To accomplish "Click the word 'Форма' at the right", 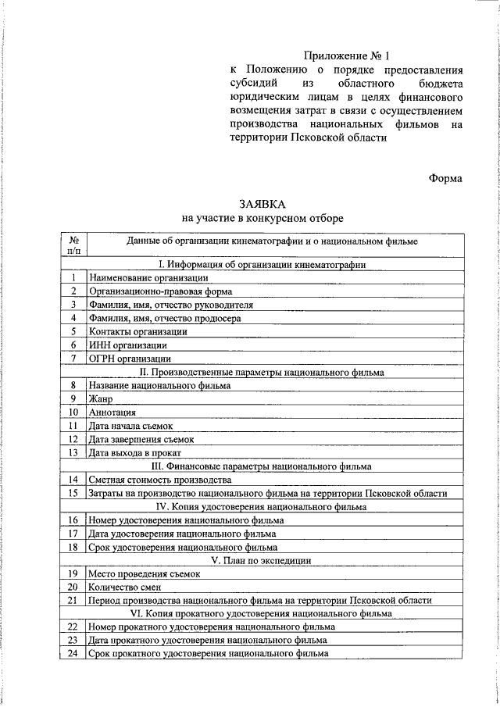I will [445, 178].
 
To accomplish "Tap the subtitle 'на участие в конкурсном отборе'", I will [262, 218].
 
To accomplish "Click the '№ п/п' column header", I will [73, 245].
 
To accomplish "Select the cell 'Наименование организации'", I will [148, 278].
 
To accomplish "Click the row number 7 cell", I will [73, 359].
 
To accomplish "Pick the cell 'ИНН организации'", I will [127, 345].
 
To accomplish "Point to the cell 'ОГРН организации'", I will [130, 359].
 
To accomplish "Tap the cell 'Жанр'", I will [102, 398].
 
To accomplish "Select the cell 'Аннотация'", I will [113, 412].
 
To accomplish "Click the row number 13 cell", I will [73, 452].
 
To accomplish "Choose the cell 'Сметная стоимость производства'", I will [160, 479].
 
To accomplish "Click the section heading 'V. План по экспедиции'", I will [262, 560].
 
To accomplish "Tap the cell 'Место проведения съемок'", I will [145, 573].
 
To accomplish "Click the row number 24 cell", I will [73, 653].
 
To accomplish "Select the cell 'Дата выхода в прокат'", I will [135, 452].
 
